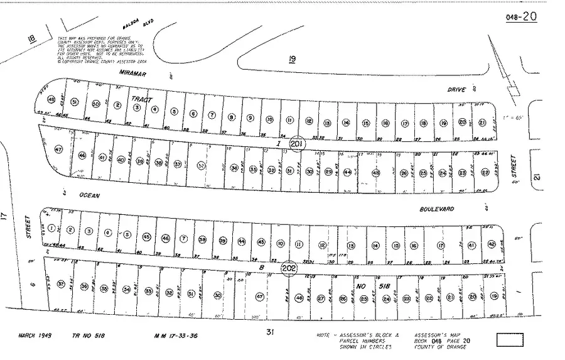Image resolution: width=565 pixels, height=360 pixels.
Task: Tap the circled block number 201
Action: coord(297,144)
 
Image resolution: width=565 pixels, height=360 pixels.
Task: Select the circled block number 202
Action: coord(289,268)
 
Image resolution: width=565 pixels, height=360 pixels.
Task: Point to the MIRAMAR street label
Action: coord(132,73)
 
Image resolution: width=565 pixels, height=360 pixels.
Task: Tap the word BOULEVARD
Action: coord(438,209)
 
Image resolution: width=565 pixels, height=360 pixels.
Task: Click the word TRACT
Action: coord(142,100)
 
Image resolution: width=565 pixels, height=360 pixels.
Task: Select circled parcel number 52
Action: coord(201,166)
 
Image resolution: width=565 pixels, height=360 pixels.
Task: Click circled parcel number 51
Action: coord(75,102)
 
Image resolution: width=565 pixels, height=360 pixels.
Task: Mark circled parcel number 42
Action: coord(491,244)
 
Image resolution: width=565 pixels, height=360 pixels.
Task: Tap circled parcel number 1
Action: coord(51,227)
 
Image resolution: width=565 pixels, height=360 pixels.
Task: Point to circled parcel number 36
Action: coord(83,286)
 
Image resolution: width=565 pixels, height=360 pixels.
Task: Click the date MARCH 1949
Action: coord(35,336)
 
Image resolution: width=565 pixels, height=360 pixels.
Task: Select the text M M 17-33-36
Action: coord(175,336)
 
